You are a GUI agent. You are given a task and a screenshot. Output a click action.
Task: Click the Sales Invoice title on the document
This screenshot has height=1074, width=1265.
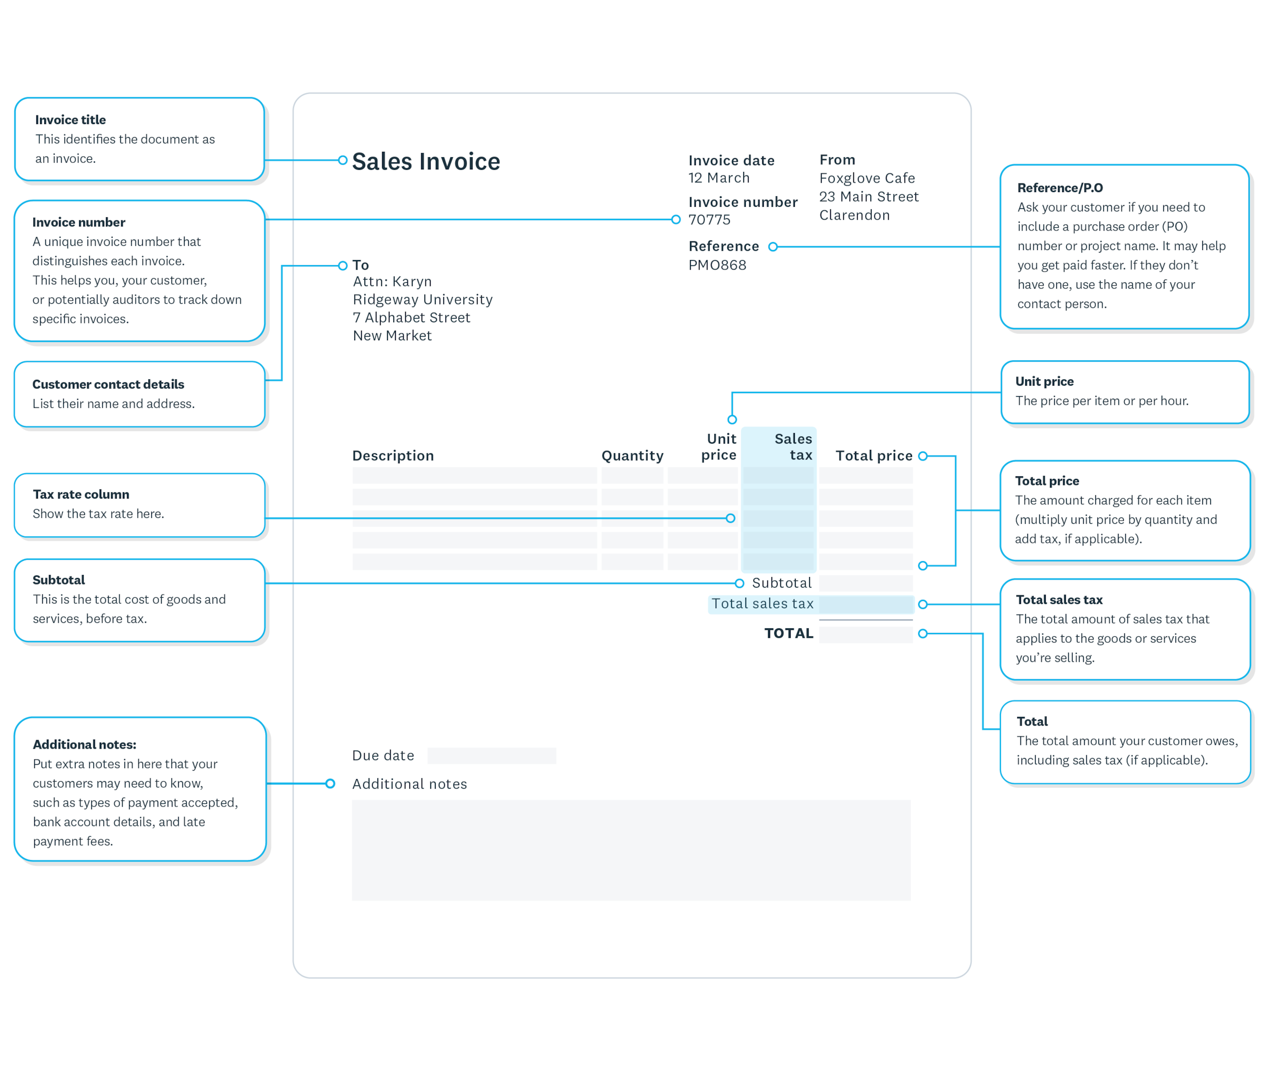tap(426, 161)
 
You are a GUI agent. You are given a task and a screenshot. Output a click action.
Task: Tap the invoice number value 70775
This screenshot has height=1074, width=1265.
tap(709, 220)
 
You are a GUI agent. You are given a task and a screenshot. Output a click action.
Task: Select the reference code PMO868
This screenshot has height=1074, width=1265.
tap(717, 265)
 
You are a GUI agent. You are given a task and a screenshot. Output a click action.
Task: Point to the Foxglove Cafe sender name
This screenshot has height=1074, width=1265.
tap(867, 178)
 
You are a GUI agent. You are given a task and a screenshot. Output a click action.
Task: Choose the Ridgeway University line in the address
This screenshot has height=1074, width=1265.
tap(422, 300)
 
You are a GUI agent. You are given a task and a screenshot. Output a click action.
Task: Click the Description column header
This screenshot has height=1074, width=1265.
tap(393, 455)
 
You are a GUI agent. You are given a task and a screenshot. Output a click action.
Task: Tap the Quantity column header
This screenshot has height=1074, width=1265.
tap(632, 455)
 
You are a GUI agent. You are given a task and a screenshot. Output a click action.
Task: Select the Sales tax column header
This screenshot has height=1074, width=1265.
tap(793, 447)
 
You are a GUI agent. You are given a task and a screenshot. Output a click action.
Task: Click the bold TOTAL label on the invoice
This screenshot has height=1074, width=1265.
tap(789, 633)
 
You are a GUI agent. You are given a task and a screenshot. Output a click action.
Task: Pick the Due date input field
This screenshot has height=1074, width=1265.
tap(492, 755)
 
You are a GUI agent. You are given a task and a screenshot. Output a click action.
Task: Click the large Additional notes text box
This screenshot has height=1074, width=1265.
tap(631, 850)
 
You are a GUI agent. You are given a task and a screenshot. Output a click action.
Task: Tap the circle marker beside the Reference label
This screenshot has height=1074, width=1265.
tap(773, 246)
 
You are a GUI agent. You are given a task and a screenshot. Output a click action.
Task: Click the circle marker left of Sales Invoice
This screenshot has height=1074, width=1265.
tap(343, 160)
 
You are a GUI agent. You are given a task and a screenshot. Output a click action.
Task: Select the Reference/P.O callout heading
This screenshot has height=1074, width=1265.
tap(1059, 187)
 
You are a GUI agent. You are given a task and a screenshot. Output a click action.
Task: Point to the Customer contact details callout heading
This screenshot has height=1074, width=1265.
tap(108, 384)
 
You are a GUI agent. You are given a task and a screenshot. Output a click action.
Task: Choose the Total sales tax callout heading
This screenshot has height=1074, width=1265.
tap(1059, 600)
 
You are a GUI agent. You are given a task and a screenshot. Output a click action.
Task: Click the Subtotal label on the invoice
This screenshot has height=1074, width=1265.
tap(781, 583)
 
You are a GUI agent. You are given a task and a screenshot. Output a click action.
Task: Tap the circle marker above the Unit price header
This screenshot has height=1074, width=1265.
tap(732, 419)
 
